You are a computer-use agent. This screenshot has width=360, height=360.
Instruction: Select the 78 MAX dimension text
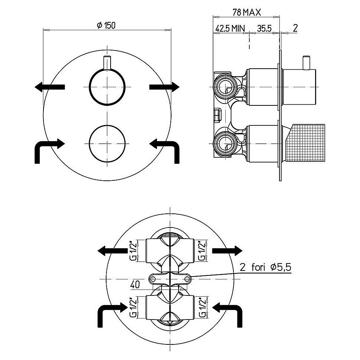pos(246,12)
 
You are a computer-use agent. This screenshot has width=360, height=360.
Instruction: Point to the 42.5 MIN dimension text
pos(230,28)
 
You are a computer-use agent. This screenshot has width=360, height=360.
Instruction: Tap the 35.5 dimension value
pos(264,28)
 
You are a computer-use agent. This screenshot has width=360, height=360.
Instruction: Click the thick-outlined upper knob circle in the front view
pos(107,86)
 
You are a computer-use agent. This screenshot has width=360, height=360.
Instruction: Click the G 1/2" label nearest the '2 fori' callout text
pos(202,251)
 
